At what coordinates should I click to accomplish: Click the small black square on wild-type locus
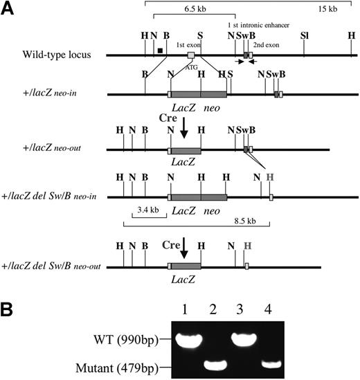coord(160,50)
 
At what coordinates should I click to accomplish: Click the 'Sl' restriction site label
coord(304,34)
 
